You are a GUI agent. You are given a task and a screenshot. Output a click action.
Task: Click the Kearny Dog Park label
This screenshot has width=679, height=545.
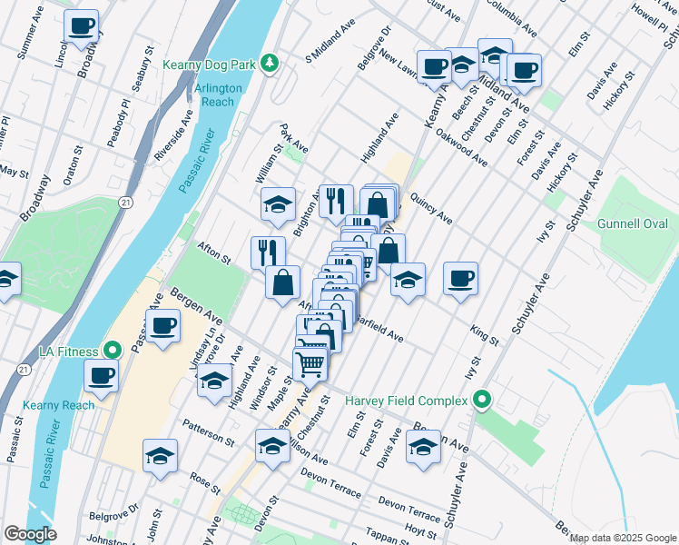[211, 64]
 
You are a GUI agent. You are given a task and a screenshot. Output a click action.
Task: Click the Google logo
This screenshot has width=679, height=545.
[31, 534]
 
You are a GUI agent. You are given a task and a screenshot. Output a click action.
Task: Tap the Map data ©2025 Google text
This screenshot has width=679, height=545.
[624, 538]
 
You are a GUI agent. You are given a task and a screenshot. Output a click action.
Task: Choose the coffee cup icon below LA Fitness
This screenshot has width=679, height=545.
[101, 374]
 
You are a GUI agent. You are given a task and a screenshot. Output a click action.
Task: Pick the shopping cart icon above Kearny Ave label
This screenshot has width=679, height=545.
[310, 363]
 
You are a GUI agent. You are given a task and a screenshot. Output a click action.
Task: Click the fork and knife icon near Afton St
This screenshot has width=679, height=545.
[268, 252]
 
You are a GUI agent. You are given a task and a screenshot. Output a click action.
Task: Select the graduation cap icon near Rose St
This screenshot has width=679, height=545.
[160, 454]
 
